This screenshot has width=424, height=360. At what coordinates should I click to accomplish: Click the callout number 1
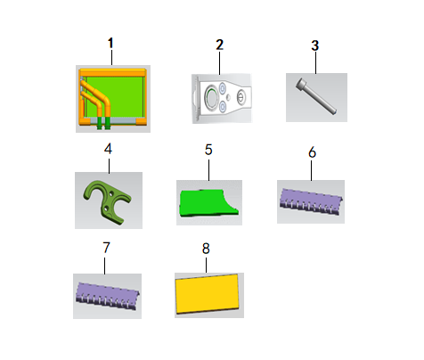click(110, 42)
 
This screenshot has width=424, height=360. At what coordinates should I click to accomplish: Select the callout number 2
click(219, 43)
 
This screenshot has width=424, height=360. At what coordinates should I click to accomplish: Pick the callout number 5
click(208, 150)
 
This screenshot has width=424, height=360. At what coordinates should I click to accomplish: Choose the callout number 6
click(312, 151)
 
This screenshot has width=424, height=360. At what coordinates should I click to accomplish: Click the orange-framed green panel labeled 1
click(112, 98)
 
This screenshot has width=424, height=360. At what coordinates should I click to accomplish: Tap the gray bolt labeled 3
click(314, 94)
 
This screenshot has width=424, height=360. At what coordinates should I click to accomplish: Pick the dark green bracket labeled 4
click(107, 198)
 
